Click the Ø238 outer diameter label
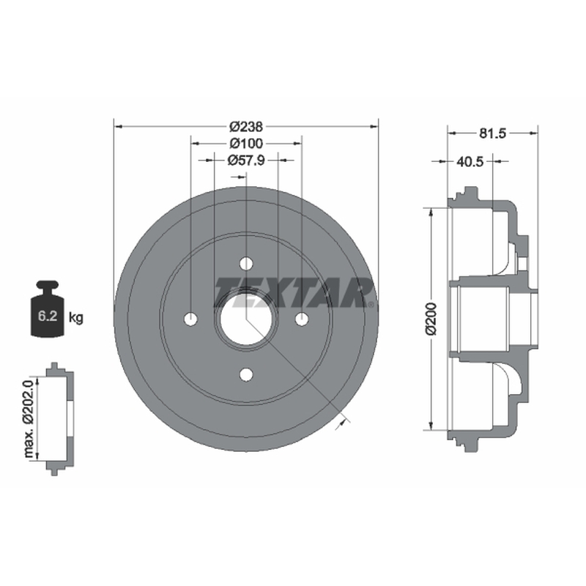(x=246, y=127)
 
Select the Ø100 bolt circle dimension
(x=246, y=143)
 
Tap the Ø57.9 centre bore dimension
(x=246, y=160)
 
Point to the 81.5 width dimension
(x=492, y=133)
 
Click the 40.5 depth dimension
(x=470, y=161)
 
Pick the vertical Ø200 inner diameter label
(x=431, y=319)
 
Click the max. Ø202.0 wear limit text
(x=29, y=418)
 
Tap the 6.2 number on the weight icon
(x=48, y=316)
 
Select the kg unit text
(x=76, y=318)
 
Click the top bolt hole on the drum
(x=246, y=264)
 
